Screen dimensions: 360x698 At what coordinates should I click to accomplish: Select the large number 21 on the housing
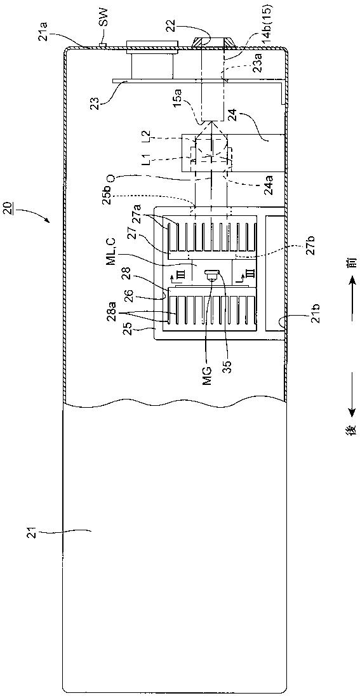[x=39, y=530]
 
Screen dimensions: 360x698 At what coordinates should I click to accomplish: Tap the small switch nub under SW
[x=103, y=44]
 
